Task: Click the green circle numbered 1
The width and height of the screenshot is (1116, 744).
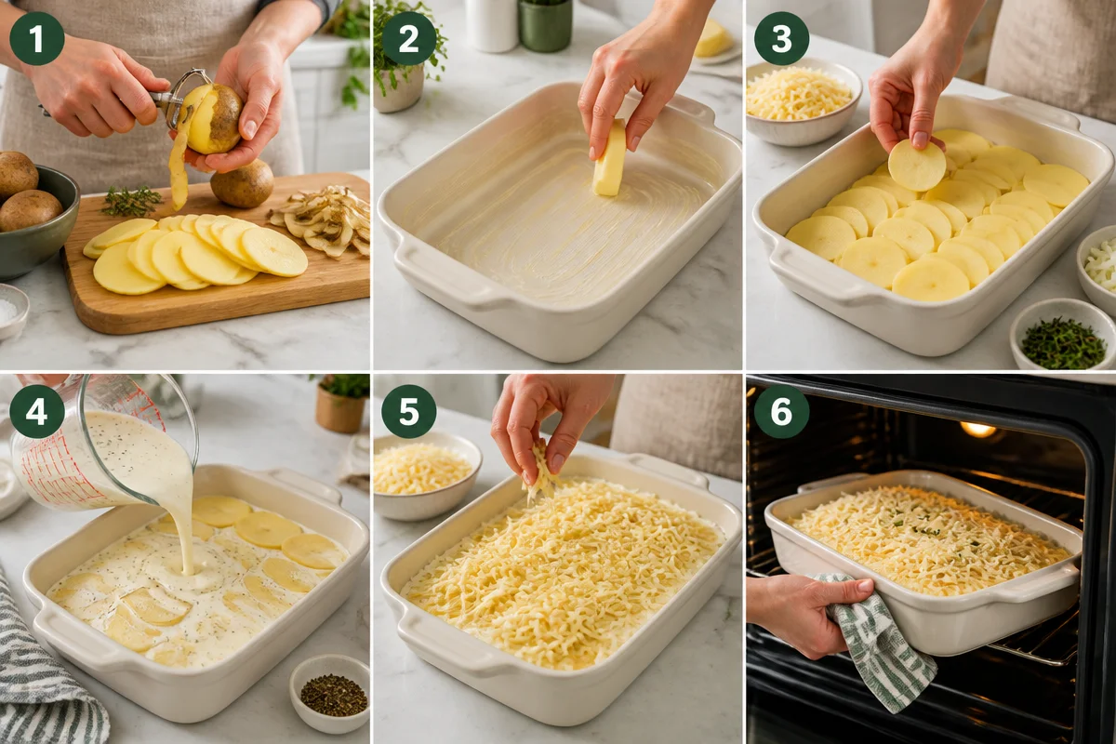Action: (x=37, y=39)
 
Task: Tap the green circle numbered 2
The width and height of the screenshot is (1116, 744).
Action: (x=409, y=39)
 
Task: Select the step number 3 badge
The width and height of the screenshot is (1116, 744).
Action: (x=781, y=39)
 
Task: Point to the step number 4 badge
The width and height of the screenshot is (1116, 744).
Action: (x=37, y=411)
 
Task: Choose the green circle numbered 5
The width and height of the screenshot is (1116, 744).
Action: (x=409, y=411)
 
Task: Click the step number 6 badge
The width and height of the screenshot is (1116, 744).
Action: (x=781, y=411)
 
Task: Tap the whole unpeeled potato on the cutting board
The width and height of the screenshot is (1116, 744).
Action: (x=242, y=183)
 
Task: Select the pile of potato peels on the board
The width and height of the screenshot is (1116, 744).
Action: (x=322, y=220)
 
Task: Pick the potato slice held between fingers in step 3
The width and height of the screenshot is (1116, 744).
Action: (x=917, y=165)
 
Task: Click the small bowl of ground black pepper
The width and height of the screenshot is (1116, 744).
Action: (x=330, y=693)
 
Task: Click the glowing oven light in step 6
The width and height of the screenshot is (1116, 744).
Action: (x=977, y=429)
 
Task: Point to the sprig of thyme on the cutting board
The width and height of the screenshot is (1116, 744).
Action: (x=131, y=201)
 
